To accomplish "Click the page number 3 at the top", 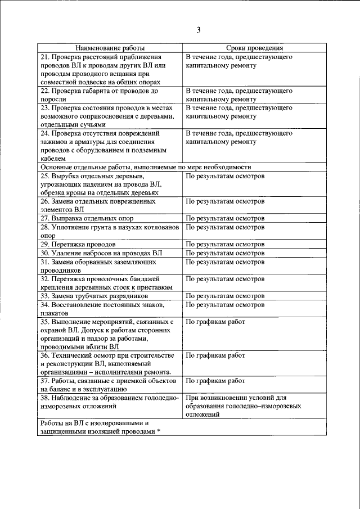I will click(x=198, y=30).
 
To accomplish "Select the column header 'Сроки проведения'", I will click(x=255, y=49).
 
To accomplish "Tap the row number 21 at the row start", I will click(x=44, y=57).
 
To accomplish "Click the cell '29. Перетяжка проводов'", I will click(x=78, y=245).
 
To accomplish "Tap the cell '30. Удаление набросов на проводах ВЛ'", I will click(x=101, y=253).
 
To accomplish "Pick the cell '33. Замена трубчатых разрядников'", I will click(x=94, y=296).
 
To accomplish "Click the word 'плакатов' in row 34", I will click(x=54, y=313).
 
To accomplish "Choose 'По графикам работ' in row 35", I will click(x=215, y=322).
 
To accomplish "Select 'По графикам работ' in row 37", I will click(x=215, y=381).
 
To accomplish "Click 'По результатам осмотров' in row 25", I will click(x=224, y=175).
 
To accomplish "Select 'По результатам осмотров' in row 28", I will click(x=224, y=227).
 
